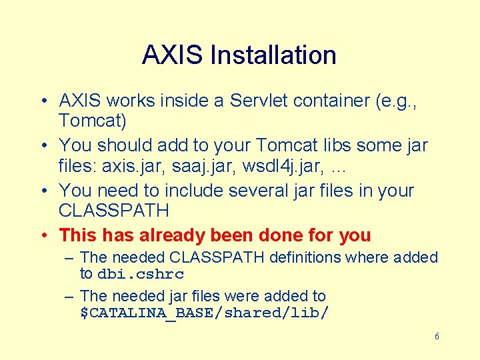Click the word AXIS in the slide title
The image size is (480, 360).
172,55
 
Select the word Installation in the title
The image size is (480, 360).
273,55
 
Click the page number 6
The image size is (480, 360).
437,337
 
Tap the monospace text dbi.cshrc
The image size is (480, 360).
141,274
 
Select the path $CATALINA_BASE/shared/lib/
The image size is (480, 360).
204,313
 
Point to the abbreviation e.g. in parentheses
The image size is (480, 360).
401,101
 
